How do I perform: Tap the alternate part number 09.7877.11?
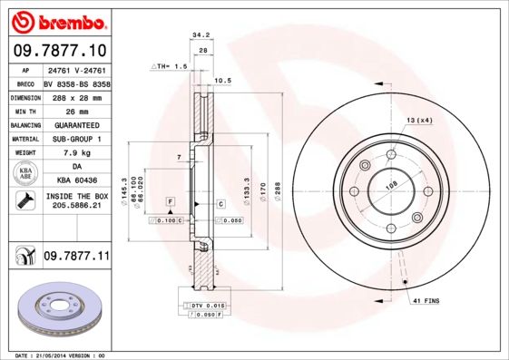click(x=76, y=258)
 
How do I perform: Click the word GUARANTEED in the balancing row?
click(x=71, y=124)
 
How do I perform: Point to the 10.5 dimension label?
click(x=223, y=80)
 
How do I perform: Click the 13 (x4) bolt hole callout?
click(x=418, y=121)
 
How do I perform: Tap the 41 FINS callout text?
click(x=426, y=299)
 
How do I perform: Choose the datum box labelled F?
click(x=169, y=199)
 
